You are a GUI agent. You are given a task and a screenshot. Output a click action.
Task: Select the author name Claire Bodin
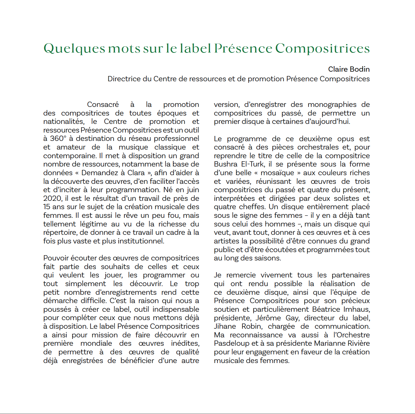[349, 69]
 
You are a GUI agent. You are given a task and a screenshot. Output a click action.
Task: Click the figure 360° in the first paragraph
[58, 139]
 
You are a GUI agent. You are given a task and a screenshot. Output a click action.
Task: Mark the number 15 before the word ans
[47, 207]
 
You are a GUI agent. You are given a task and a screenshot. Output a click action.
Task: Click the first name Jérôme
[268, 318]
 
